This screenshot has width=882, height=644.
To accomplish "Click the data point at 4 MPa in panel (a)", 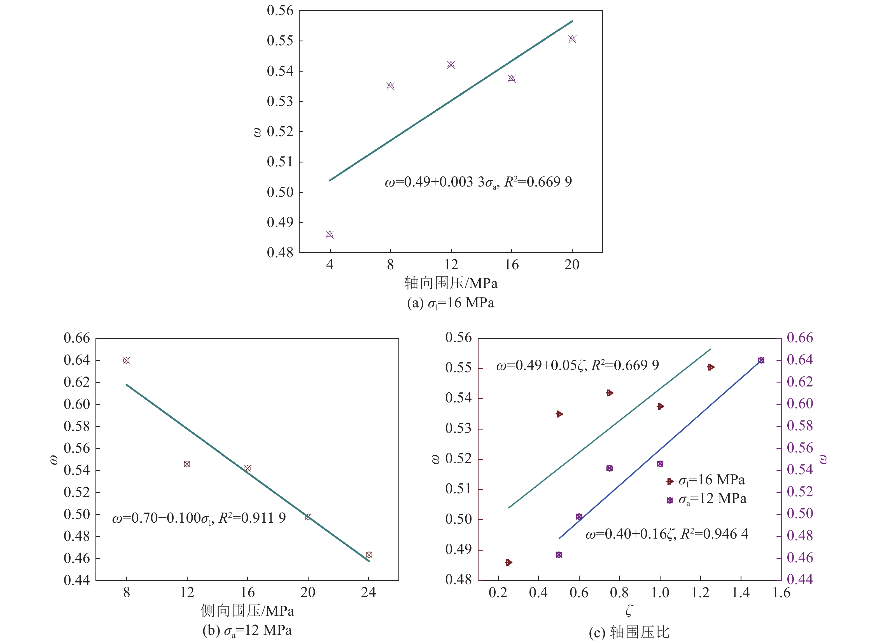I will [330, 234].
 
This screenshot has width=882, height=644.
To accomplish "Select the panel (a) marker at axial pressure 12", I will [451, 65].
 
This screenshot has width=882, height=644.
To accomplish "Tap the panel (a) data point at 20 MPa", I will [572, 39].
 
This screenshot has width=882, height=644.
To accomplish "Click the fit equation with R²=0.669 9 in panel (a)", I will [478, 182].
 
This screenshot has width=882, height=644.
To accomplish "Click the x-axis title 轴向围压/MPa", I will [451, 283].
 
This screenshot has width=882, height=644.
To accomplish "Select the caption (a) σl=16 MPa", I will [451, 303].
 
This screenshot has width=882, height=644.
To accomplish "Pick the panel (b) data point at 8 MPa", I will [126, 361].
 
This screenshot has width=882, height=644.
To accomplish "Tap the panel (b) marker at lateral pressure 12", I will [187, 464].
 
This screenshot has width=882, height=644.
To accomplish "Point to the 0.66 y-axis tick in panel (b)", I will [77, 338].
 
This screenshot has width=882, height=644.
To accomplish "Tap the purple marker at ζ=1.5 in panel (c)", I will [761, 360].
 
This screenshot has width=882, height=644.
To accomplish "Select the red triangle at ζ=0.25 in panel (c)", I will [508, 562].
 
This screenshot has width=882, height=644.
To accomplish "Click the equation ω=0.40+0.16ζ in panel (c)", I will [667, 534].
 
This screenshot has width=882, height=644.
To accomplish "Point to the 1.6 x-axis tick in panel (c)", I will [781, 593].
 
